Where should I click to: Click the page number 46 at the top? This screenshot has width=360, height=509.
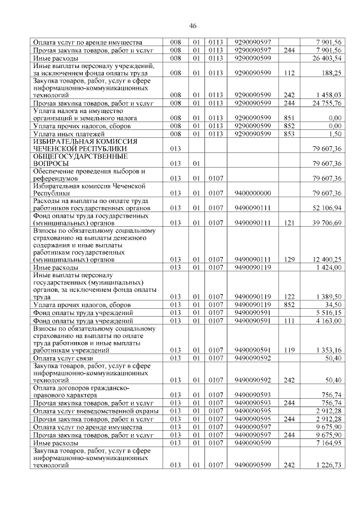(x=192, y=26)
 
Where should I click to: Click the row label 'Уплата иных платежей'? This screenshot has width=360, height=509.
(x=69, y=134)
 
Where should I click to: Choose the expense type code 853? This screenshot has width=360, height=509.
(x=290, y=134)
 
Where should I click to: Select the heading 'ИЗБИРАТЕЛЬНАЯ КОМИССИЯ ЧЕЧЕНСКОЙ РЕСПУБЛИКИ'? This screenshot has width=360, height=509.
(x=87, y=145)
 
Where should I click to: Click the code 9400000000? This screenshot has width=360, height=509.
(x=253, y=193)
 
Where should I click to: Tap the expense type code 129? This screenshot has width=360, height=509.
(x=290, y=259)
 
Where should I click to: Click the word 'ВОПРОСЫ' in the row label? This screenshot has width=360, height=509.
(x=52, y=164)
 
